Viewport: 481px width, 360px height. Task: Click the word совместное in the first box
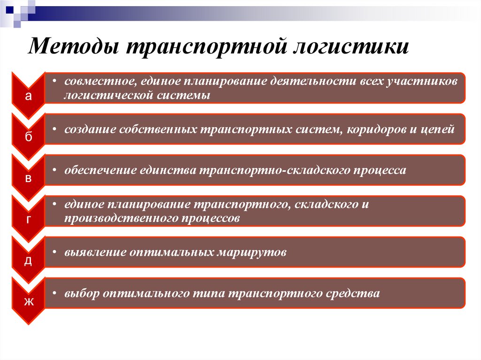point(99,82)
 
